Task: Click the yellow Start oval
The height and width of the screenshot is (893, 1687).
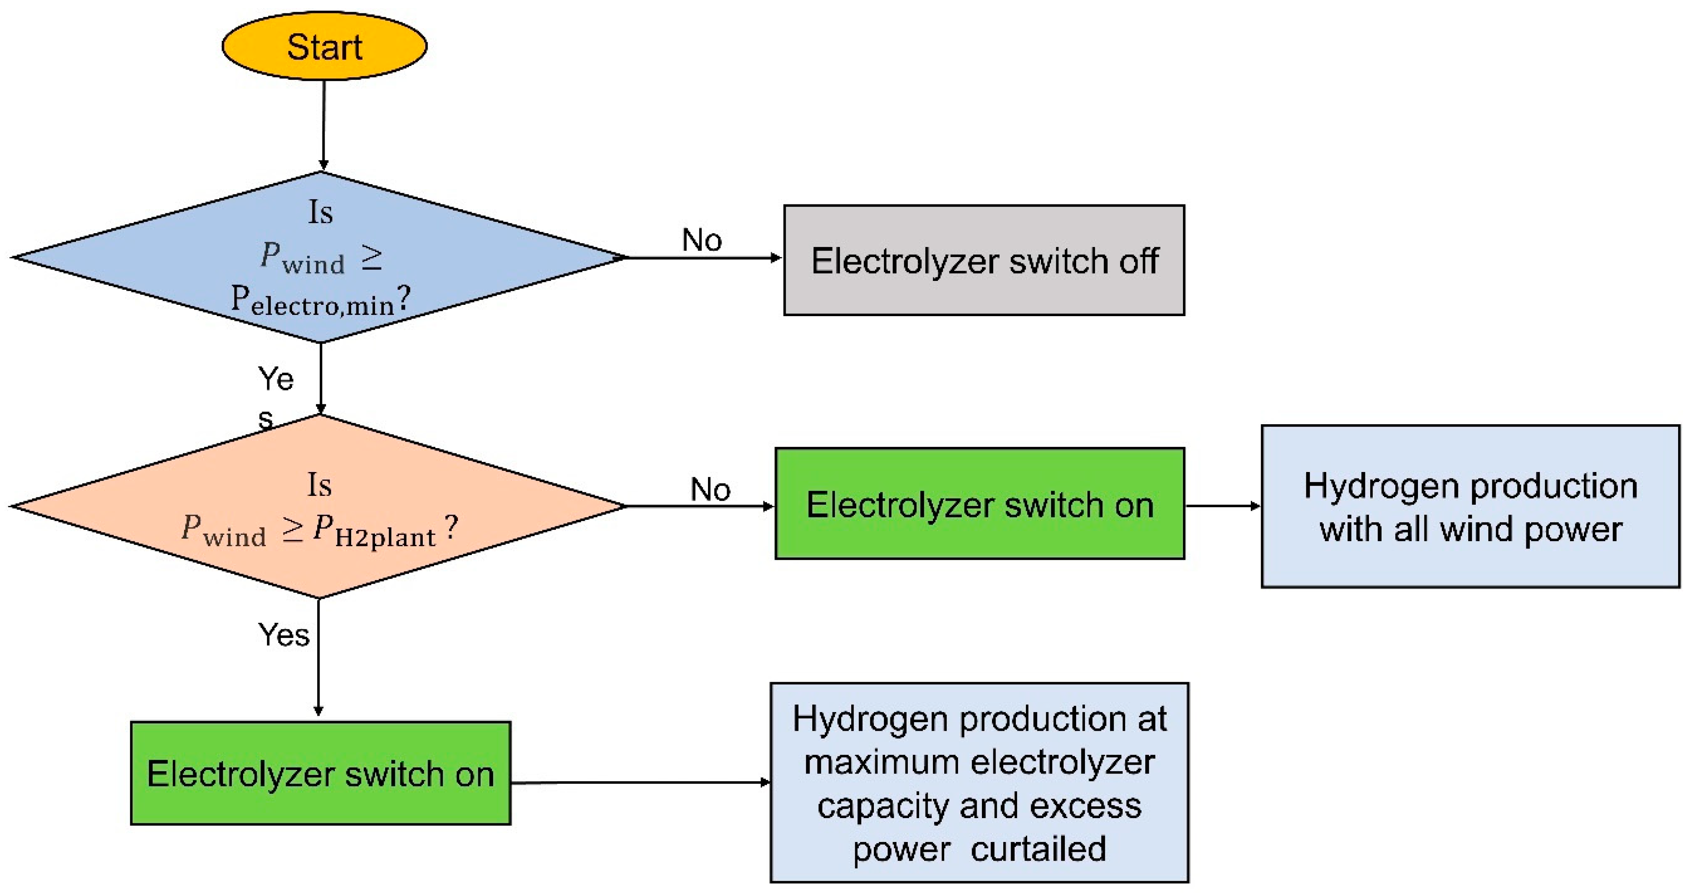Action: [x=324, y=46]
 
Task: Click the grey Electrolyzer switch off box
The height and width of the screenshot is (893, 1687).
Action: [x=983, y=260]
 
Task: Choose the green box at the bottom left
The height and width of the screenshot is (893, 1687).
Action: [x=320, y=773]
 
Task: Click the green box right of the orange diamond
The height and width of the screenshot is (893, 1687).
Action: [x=980, y=504]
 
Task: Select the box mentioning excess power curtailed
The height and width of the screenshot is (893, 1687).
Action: [x=979, y=783]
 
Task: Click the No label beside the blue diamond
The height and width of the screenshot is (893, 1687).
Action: [x=702, y=240]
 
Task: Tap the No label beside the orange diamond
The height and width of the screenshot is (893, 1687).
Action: [x=710, y=489]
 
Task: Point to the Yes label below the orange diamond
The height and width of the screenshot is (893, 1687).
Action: [x=283, y=635]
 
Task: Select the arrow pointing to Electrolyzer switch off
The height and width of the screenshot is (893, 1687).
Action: [x=704, y=257]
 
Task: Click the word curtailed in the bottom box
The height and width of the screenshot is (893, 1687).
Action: [x=1038, y=850]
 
